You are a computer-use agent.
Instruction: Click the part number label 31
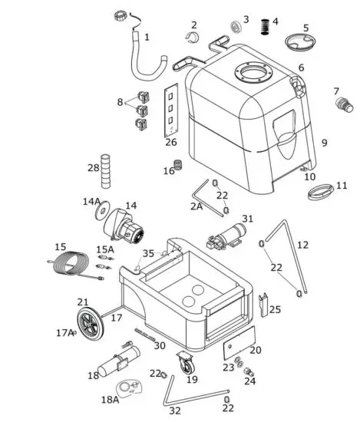point(247,219)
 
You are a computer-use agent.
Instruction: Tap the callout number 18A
point(111,400)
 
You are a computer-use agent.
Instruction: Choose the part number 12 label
point(302,245)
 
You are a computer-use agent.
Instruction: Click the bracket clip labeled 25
point(266,304)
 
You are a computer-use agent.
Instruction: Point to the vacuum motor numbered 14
point(125,225)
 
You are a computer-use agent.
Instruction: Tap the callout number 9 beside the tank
point(324,143)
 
